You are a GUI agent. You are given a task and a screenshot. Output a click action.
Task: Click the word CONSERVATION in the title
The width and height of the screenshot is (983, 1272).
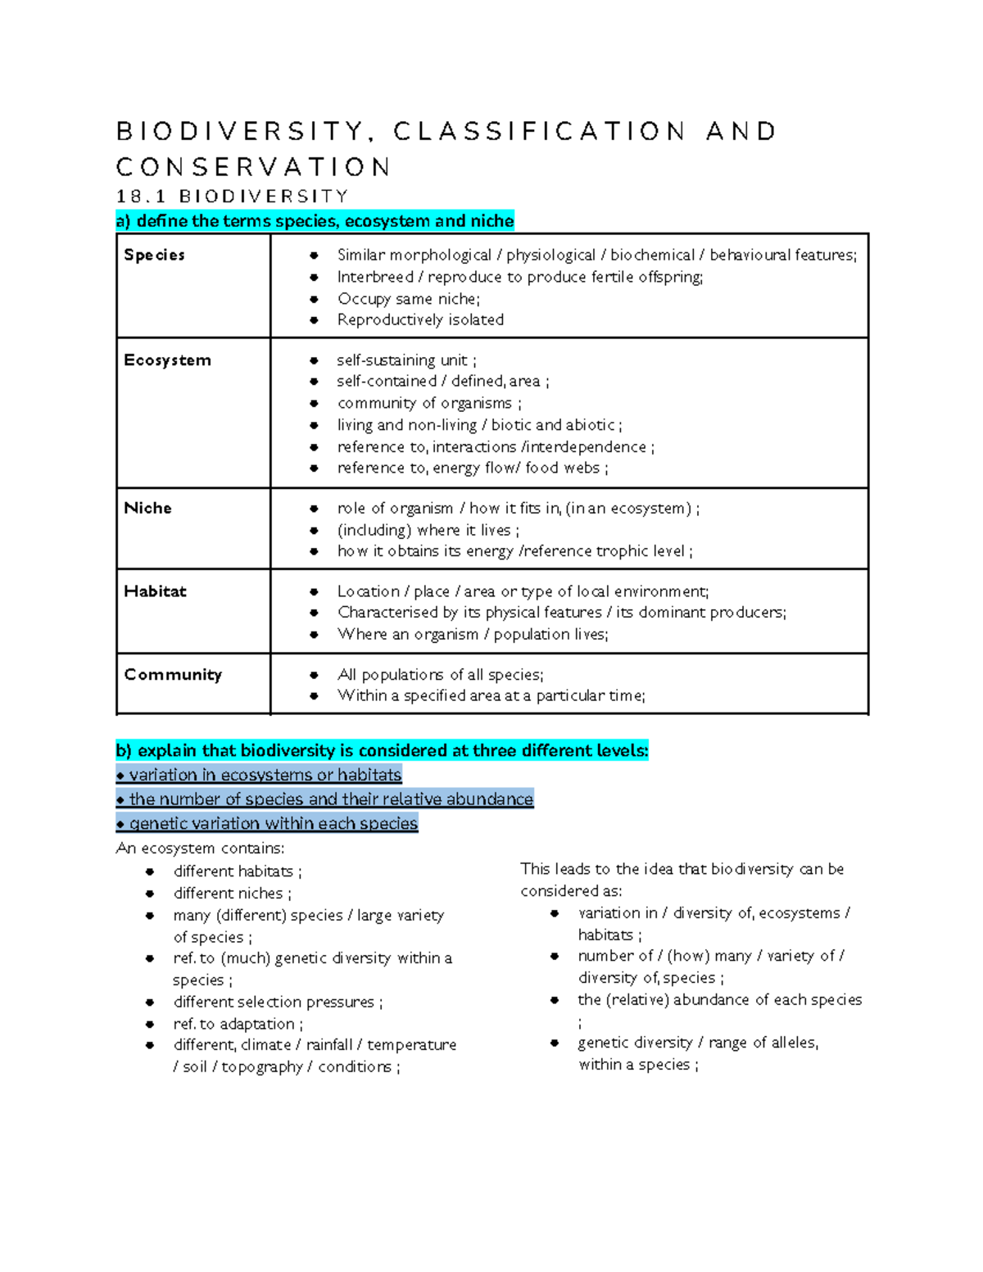254,167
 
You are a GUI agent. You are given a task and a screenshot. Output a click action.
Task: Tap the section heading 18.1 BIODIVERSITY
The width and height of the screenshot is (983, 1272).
233,197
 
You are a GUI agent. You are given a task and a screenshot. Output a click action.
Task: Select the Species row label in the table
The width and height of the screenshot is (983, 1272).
154,255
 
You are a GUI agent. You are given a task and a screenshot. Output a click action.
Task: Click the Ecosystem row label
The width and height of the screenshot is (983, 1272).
167,360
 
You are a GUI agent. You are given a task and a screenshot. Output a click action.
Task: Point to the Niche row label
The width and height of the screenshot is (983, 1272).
147,508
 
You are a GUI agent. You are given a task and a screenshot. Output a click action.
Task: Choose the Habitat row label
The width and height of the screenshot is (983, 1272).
155,591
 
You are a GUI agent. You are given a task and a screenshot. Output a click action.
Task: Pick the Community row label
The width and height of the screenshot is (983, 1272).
173,675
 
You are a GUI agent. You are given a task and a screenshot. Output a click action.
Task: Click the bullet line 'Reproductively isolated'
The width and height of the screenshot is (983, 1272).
420,319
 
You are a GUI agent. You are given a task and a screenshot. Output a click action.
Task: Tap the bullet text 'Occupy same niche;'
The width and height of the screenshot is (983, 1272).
409,298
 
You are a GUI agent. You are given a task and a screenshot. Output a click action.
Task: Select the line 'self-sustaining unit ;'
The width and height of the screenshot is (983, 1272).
406,360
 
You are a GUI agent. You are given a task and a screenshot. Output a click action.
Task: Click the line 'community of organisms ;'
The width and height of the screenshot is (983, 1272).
429,403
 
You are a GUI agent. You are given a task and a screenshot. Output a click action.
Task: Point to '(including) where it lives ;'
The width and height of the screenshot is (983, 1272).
428,530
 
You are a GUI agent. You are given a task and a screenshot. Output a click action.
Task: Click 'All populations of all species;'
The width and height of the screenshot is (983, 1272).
440,675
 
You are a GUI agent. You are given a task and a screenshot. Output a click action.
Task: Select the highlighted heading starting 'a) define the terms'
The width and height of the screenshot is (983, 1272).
315,221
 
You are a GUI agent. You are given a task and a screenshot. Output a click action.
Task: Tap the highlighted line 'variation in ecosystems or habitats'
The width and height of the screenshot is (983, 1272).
260,775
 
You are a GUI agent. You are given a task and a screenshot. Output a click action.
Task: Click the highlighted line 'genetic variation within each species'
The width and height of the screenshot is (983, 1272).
268,823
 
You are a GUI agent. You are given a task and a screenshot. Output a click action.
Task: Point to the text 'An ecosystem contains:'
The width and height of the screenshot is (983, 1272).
201,848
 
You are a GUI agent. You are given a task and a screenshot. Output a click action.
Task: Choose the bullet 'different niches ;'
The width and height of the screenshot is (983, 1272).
232,893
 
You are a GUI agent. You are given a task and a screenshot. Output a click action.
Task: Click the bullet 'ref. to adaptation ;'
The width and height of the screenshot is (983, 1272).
238,1024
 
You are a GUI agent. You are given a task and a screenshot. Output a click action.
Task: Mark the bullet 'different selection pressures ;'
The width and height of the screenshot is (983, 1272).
278,1002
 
